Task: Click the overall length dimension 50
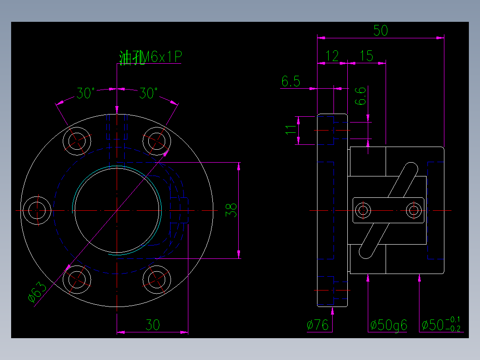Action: (381, 30)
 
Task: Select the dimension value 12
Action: (332, 56)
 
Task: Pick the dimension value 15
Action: (366, 56)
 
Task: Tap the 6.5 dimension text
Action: (291, 82)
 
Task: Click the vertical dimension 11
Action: (290, 130)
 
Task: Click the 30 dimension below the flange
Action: (153, 325)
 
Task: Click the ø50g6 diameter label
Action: (388, 325)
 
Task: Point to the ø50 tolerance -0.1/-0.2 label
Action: (441, 324)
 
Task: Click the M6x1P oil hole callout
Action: (151, 57)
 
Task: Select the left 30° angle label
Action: (85, 94)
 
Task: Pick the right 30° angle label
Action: (148, 94)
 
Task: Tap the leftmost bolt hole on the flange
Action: (37, 210)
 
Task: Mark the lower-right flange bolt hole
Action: (157, 279)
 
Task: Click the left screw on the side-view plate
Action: (364, 210)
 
